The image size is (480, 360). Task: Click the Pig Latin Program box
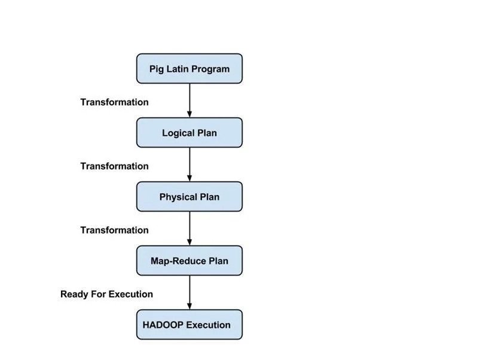(189, 69)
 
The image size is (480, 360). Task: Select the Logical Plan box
(189, 133)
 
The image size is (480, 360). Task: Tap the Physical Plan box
(189, 197)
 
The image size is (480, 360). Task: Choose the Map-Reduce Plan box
(189, 261)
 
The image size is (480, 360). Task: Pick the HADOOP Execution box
(189, 325)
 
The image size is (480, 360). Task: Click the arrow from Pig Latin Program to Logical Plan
(189, 100)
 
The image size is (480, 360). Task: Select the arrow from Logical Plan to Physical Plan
(189, 164)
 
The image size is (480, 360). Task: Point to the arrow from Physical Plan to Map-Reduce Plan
(189, 228)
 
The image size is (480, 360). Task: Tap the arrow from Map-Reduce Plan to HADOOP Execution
(189, 292)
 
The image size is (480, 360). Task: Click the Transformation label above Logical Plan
(115, 102)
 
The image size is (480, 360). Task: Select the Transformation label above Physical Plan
(115, 166)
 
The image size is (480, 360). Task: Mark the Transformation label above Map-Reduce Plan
(115, 230)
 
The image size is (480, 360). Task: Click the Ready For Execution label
(106, 294)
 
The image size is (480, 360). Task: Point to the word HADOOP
(163, 325)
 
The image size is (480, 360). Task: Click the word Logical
(178, 133)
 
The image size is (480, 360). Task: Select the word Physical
(178, 197)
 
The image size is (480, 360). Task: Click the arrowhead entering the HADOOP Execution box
(189, 306)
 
